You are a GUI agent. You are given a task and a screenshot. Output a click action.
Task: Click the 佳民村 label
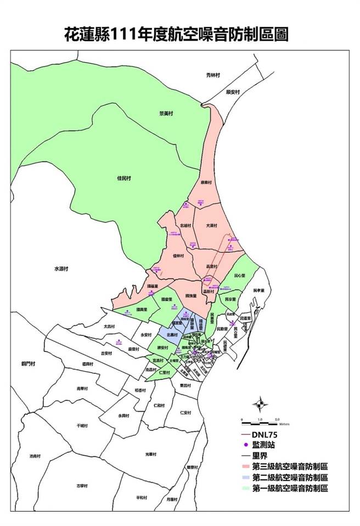click(x=125, y=178)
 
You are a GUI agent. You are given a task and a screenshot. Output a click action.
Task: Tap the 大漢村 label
click(x=212, y=226)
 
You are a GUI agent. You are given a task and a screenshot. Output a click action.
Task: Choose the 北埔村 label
click(x=185, y=225)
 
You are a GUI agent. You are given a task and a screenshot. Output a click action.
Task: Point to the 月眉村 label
click(x=172, y=499)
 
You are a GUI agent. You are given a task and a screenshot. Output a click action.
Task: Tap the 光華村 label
click(x=151, y=454)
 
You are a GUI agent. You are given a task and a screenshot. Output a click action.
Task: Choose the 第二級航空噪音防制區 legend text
click(x=290, y=477)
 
